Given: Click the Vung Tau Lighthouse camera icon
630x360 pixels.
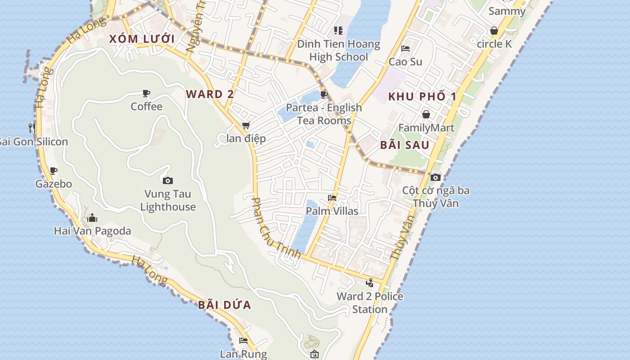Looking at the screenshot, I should pyautogui.click(x=168, y=180).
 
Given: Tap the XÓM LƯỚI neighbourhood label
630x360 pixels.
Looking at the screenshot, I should pyautogui.click(x=142, y=39).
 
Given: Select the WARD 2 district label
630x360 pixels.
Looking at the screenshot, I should pyautogui.click(x=210, y=94).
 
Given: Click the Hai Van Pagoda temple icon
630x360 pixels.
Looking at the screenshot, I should pyautogui.click(x=92, y=218).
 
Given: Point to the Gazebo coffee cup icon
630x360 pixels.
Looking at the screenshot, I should pyautogui.click(x=54, y=171).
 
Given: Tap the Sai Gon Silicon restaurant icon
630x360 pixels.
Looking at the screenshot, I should pyautogui.click(x=32, y=128).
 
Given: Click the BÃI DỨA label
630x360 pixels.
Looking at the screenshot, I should pyautogui.click(x=225, y=305).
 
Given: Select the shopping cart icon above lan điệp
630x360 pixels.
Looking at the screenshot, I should pyautogui.click(x=246, y=126).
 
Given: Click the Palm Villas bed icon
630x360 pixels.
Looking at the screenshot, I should pyautogui.click(x=332, y=198).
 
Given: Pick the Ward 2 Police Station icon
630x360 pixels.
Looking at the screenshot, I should pyautogui.click(x=370, y=283).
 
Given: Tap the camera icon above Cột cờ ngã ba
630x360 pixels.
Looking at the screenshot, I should pyautogui.click(x=435, y=177).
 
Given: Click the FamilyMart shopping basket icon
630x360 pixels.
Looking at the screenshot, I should pyautogui.click(x=426, y=114).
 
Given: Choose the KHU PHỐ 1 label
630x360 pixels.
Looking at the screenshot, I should pyautogui.click(x=422, y=96).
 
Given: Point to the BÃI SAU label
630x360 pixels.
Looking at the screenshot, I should pyautogui.click(x=405, y=145).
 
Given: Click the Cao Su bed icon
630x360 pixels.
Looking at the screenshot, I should pyautogui.click(x=405, y=49).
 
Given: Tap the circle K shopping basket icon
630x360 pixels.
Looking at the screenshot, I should pyautogui.click(x=494, y=31).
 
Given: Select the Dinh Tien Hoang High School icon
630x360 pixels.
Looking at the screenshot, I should pyautogui.click(x=338, y=31).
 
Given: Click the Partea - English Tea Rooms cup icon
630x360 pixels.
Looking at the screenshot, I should pyautogui.click(x=324, y=94).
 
